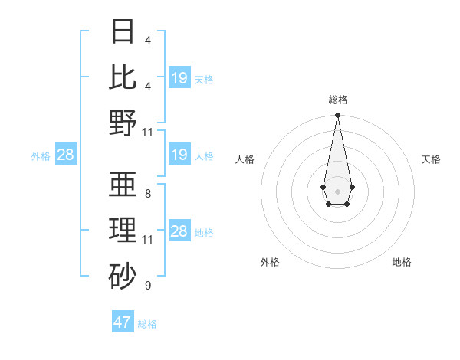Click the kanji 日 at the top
(x=124, y=33)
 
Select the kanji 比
(x=124, y=77)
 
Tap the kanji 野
(x=124, y=123)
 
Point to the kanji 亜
(x=124, y=184)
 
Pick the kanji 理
(x=124, y=230)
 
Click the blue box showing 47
(x=123, y=322)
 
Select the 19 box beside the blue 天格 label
(x=179, y=78)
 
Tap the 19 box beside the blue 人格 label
(x=179, y=155)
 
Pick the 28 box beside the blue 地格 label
(x=179, y=231)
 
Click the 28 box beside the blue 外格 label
(x=66, y=155)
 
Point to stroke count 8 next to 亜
(x=148, y=194)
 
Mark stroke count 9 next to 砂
(x=148, y=286)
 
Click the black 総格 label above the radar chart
(x=338, y=100)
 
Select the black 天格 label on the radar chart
(x=431, y=159)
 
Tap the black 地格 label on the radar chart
(x=402, y=262)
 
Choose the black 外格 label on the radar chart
(x=270, y=262)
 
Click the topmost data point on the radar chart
(x=337, y=116)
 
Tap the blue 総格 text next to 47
(x=147, y=323)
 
